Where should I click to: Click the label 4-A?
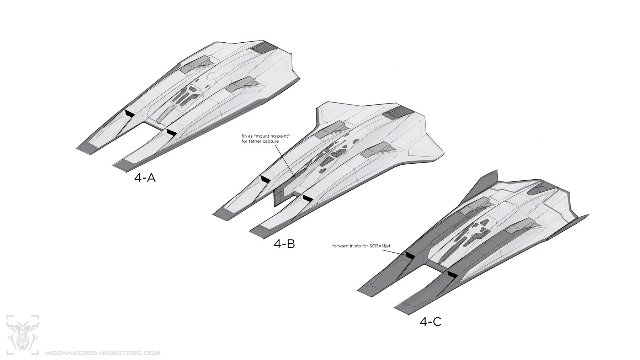[x=145, y=178]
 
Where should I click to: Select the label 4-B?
[x=284, y=244]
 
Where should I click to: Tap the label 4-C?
[x=430, y=322]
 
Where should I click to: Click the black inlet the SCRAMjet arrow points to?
[x=410, y=255]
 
